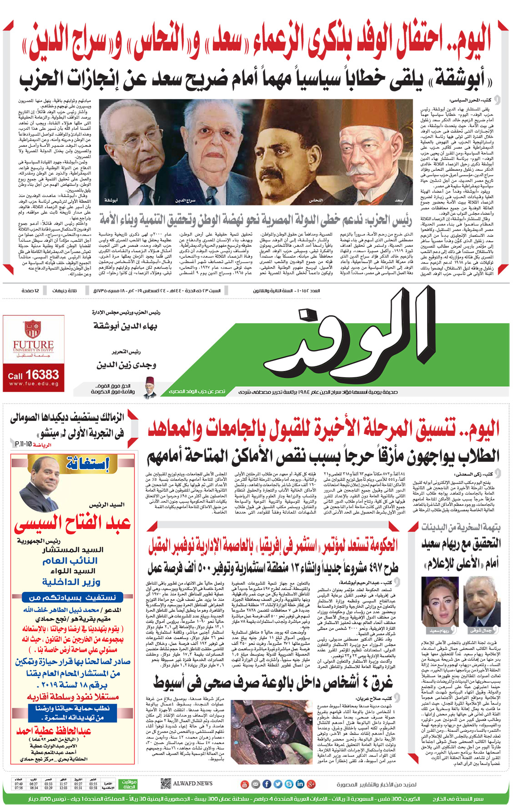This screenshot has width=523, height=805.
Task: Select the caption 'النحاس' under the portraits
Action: tap(316, 200)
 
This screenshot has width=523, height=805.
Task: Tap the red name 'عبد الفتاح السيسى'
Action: tap(73, 523)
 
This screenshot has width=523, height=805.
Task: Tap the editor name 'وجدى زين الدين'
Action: tap(126, 365)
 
